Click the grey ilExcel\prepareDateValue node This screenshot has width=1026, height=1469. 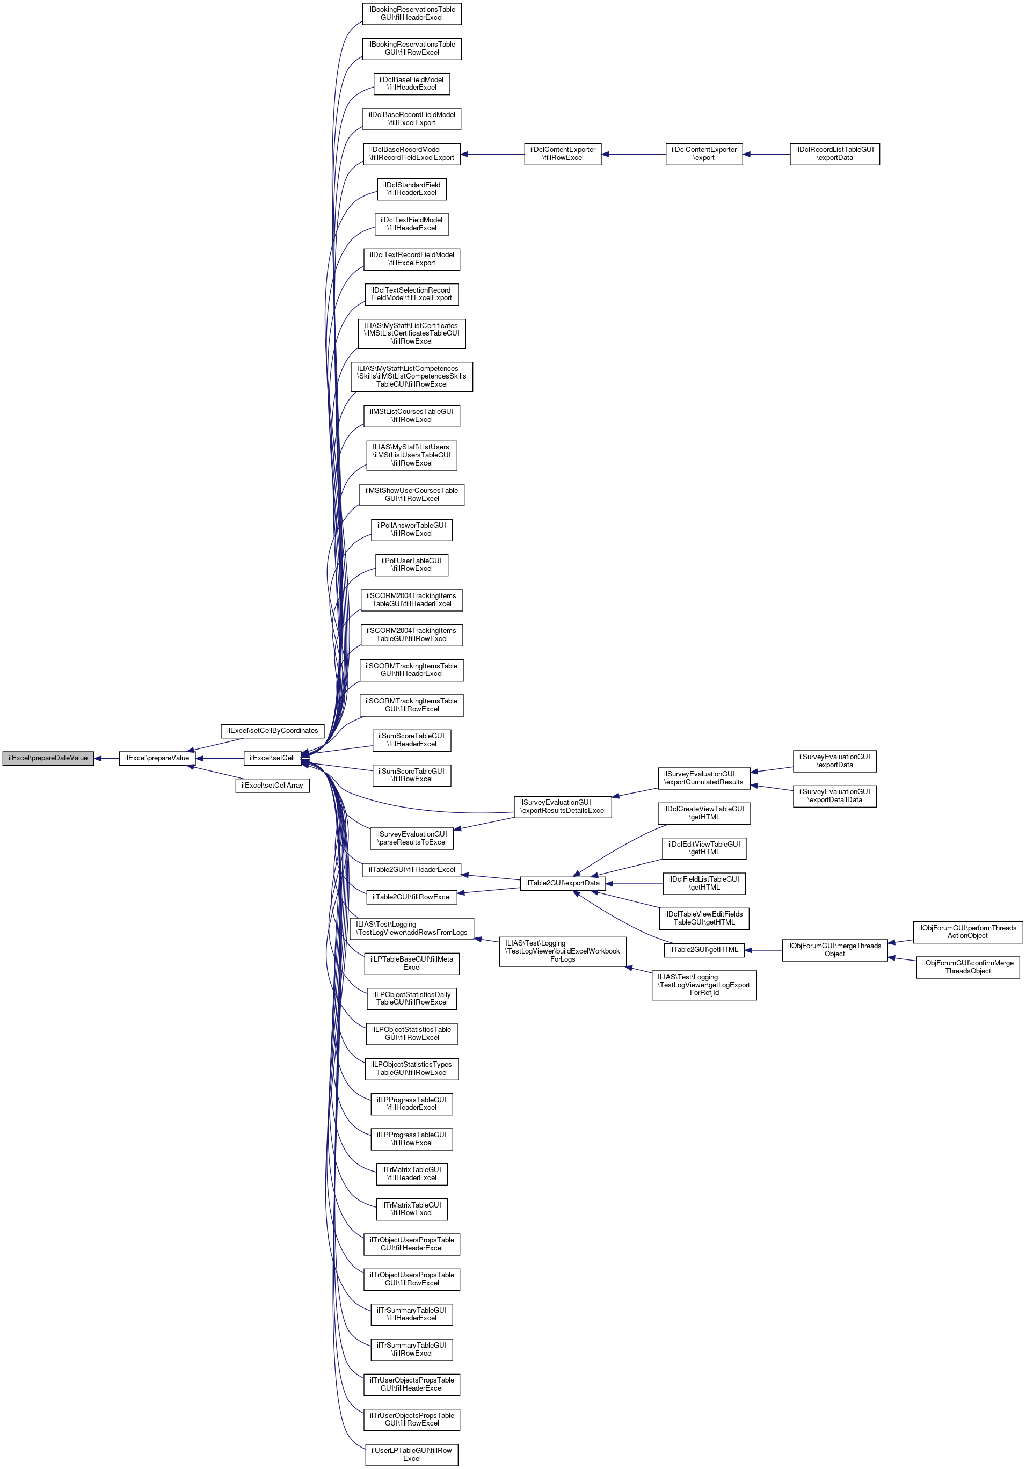[48, 758]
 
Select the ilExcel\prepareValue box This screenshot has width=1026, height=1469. [157, 758]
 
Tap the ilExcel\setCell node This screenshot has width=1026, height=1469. [272, 758]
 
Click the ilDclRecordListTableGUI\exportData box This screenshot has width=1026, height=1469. [834, 154]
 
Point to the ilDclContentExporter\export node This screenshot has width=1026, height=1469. [704, 154]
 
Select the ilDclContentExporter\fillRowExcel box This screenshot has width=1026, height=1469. [562, 154]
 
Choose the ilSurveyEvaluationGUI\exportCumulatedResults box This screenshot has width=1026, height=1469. [704, 778]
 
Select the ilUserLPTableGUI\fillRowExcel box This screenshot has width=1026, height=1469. [411, 1455]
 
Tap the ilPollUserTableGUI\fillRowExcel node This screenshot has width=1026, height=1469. [411, 564]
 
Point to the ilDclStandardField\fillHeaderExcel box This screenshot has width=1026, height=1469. [411, 189]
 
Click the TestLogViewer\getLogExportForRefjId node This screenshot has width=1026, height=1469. [704, 985]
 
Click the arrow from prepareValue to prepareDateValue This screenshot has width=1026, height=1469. [106, 758]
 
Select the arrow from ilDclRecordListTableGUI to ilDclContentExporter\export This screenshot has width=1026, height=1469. [766, 154]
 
